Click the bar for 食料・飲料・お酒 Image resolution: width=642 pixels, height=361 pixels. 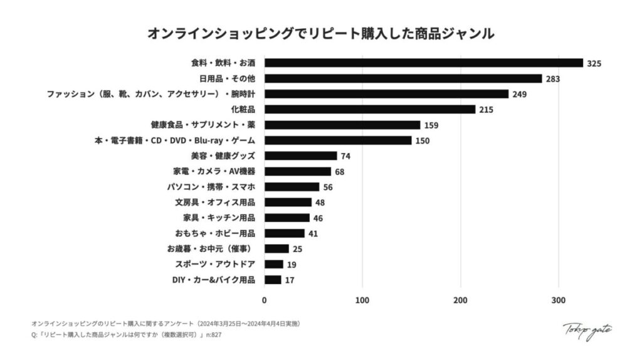tap(423, 63)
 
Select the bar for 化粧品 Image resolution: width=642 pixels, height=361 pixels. tap(369, 110)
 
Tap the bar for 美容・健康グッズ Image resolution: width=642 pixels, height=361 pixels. tap(300, 156)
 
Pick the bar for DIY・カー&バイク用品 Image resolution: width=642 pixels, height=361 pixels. tap(273, 280)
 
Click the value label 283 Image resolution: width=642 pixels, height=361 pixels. tap(552, 79)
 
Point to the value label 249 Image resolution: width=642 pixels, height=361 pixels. tap(519, 95)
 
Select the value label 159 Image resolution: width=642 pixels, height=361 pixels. tap(431, 125)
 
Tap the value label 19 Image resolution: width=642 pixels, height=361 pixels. tap(292, 264)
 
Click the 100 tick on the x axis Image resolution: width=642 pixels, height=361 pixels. tap(362, 300)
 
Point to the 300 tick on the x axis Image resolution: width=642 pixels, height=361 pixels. tap(559, 300)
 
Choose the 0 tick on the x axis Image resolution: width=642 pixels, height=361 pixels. tap(264, 300)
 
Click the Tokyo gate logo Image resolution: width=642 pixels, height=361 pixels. tap(587, 330)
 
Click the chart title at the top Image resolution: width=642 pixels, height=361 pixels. tap(320, 33)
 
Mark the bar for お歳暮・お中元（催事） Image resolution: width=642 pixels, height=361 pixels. tap(276, 249)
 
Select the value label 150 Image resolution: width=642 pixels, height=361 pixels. tap(422, 141)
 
